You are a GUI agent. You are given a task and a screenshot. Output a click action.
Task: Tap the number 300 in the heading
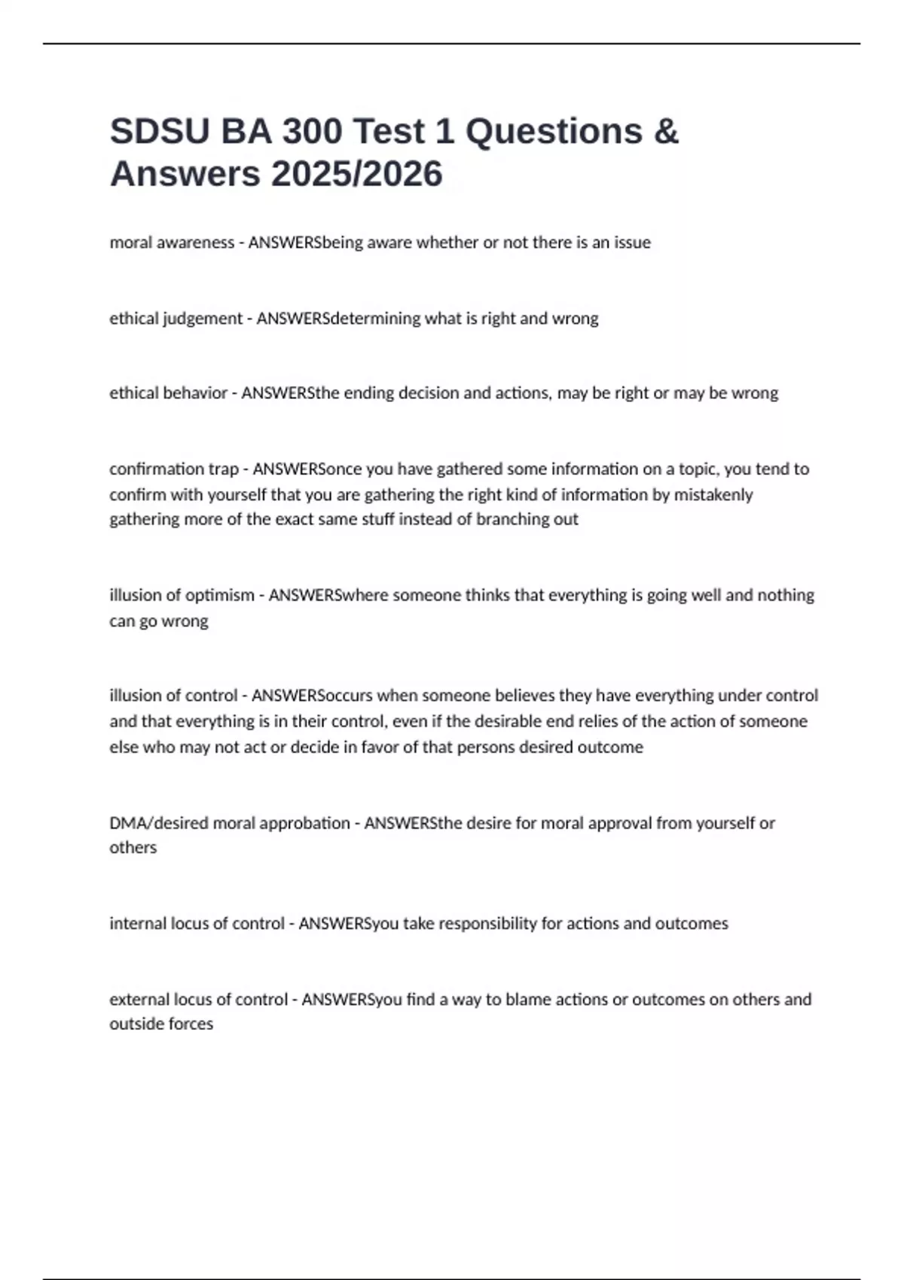(310, 132)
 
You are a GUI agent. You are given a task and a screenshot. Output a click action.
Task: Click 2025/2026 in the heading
(357, 175)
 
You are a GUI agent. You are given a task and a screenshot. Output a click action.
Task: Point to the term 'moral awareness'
(172, 242)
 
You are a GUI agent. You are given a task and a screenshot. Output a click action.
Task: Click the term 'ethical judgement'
(176, 318)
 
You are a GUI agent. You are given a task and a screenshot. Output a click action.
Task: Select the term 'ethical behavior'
(168, 393)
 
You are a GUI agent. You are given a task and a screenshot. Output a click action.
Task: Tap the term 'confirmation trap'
(174, 469)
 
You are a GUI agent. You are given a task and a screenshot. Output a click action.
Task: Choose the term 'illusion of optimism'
(182, 595)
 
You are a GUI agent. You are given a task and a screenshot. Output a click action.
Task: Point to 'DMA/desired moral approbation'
(229, 823)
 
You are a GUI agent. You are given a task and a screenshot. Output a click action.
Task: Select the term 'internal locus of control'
(197, 923)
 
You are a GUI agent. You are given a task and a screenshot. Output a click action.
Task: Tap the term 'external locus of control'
(198, 999)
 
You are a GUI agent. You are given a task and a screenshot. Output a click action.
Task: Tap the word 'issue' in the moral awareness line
(631, 242)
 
